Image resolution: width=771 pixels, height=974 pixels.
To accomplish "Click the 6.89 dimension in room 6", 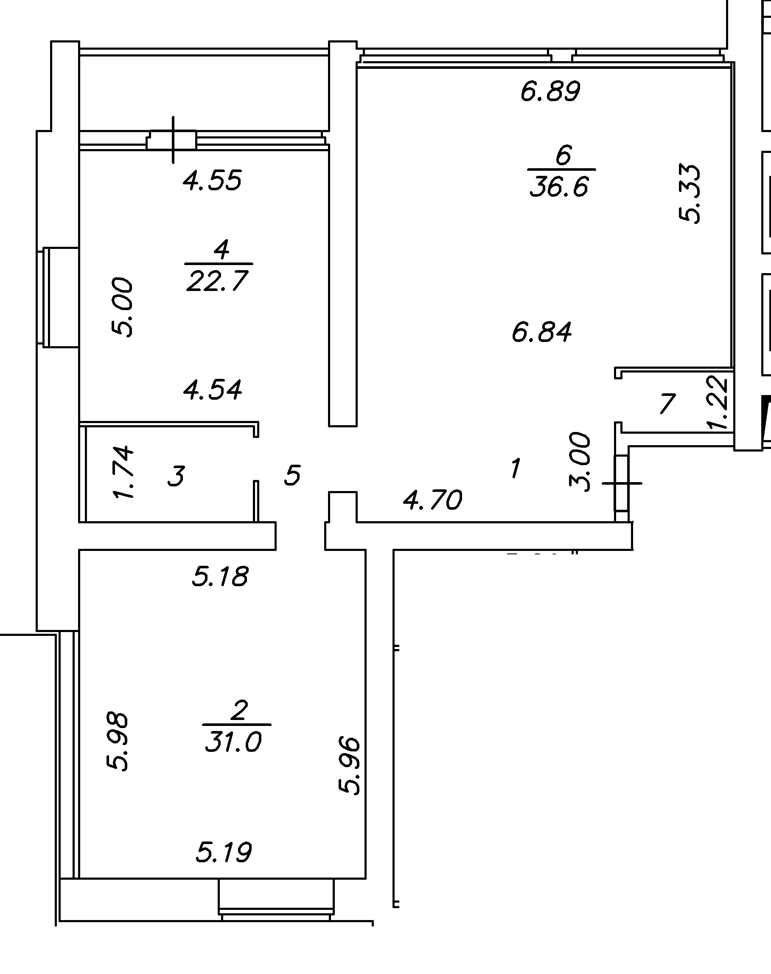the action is [550, 91].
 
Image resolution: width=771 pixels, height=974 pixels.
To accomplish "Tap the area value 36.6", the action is [559, 186].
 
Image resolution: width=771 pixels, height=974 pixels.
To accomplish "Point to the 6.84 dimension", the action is [542, 332].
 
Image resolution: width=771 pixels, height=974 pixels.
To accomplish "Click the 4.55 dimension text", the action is [212, 181].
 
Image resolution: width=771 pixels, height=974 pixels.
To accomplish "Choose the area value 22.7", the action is [217, 282].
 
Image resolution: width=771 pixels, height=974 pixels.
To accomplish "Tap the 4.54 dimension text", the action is [213, 390].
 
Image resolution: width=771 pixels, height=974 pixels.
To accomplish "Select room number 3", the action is [176, 476].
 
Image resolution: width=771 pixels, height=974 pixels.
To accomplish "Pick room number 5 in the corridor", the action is [292, 475].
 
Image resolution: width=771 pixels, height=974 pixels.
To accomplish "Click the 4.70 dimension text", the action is [432, 500].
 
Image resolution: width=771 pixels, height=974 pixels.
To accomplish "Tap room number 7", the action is [667, 404].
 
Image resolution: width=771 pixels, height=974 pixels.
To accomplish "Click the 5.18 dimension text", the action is [220, 576].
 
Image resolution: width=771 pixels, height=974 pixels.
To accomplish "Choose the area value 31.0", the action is [233, 742].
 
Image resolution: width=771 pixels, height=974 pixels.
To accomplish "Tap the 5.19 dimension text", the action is [224, 853].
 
